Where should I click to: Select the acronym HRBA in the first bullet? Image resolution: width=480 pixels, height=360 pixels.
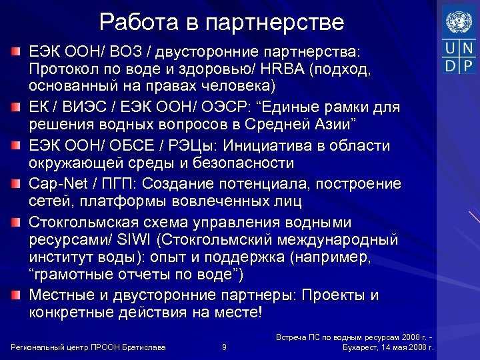coord(277,69)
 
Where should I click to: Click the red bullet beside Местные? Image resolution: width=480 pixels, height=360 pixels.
coord(15,295)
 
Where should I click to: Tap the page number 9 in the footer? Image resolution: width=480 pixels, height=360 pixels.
coord(224,347)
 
